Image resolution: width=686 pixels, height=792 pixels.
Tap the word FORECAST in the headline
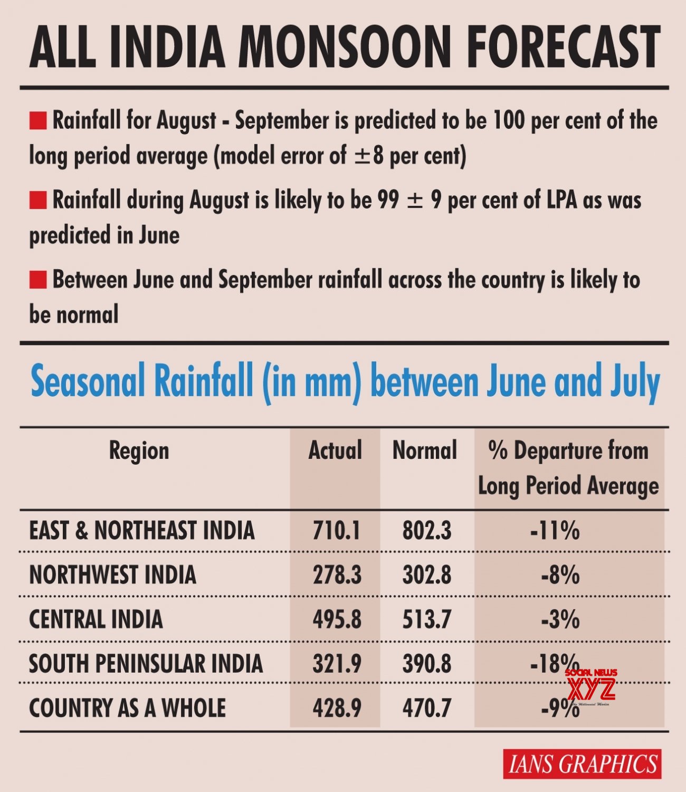click(564, 48)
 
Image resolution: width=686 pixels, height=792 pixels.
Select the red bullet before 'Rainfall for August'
click(38, 121)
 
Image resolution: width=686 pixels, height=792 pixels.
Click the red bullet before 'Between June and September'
click(38, 280)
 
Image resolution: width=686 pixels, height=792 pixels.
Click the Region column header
click(139, 451)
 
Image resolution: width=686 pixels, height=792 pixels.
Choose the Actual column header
click(335, 451)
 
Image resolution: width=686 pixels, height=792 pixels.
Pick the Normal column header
click(425, 451)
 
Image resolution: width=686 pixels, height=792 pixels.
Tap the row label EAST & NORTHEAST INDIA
click(141, 531)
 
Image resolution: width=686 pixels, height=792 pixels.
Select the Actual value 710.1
click(337, 531)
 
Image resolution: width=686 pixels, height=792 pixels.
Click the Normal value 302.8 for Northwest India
click(427, 575)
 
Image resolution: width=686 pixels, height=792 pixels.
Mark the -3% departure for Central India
click(560, 619)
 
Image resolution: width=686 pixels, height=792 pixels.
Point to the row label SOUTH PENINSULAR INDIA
click(146, 664)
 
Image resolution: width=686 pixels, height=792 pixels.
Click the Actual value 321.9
click(337, 664)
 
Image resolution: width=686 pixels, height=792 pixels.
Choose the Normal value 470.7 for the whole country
click(427, 708)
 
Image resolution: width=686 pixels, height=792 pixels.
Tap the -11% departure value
click(555, 531)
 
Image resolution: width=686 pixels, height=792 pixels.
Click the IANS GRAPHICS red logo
click(582, 764)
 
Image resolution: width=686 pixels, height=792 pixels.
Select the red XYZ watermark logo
click(591, 688)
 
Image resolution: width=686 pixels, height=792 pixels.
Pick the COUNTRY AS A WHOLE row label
click(127, 708)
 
